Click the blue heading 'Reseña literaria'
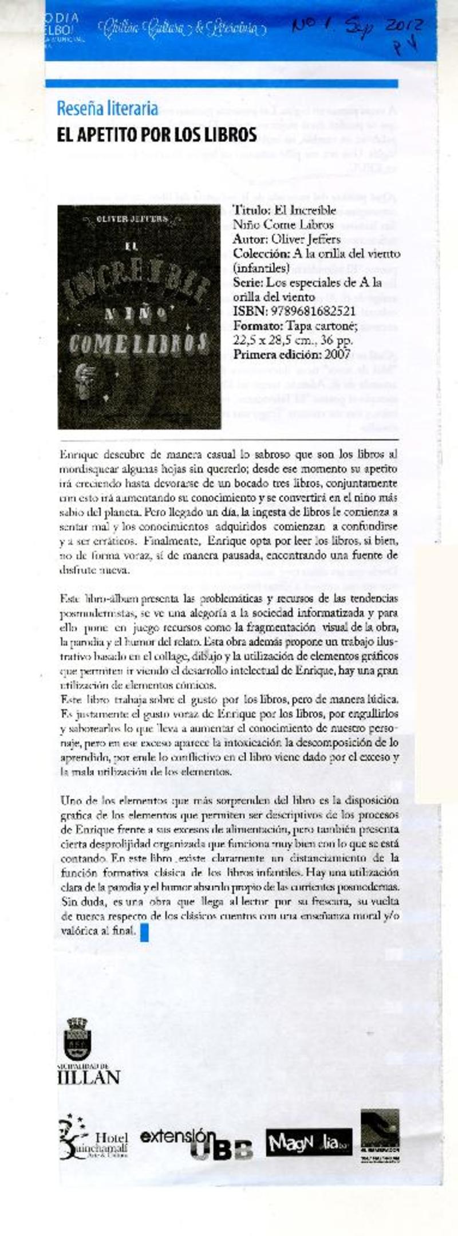[107, 108]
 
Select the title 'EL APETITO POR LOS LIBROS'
[156, 135]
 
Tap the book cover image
[139, 317]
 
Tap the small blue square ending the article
[144, 933]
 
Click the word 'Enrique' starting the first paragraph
[77, 455]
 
